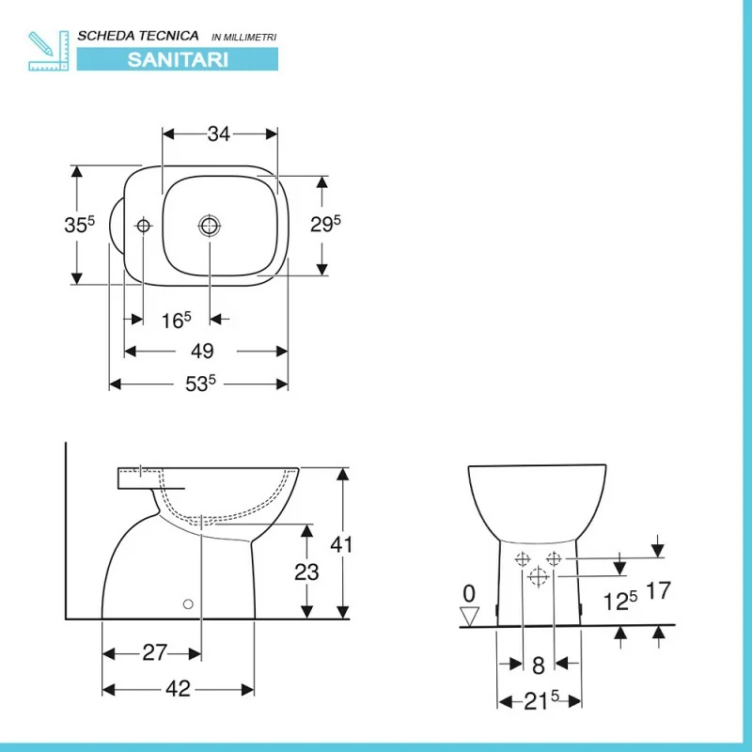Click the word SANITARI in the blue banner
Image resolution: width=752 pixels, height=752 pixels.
(x=178, y=59)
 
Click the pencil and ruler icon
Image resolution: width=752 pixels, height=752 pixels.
(x=49, y=51)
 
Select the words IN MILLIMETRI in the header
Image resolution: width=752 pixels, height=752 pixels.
(x=244, y=38)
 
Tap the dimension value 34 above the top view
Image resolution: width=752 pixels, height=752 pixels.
(x=219, y=133)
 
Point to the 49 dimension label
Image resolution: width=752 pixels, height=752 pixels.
(x=202, y=351)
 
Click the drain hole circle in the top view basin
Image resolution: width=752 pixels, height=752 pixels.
(x=210, y=226)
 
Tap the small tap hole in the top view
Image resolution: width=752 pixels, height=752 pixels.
(x=143, y=225)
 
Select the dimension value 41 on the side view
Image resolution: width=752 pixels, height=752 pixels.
(x=341, y=544)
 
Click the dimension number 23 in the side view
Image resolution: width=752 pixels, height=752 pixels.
(x=306, y=572)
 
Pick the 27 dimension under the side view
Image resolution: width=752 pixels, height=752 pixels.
(x=154, y=652)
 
